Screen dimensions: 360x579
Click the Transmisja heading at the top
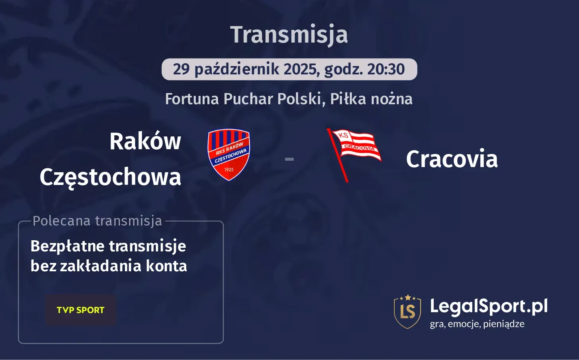(289, 35)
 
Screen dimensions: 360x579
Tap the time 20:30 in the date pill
(386, 69)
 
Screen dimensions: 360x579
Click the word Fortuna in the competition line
(192, 99)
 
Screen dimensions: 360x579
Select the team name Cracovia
(452, 159)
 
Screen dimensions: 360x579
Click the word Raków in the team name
(145, 141)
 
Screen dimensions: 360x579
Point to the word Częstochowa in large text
(111, 177)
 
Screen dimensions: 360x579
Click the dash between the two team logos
(289, 159)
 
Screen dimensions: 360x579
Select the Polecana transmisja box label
(97, 221)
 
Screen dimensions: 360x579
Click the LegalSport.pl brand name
(489, 306)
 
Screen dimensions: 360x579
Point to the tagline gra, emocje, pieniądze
(477, 324)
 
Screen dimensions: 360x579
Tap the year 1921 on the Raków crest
(229, 170)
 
